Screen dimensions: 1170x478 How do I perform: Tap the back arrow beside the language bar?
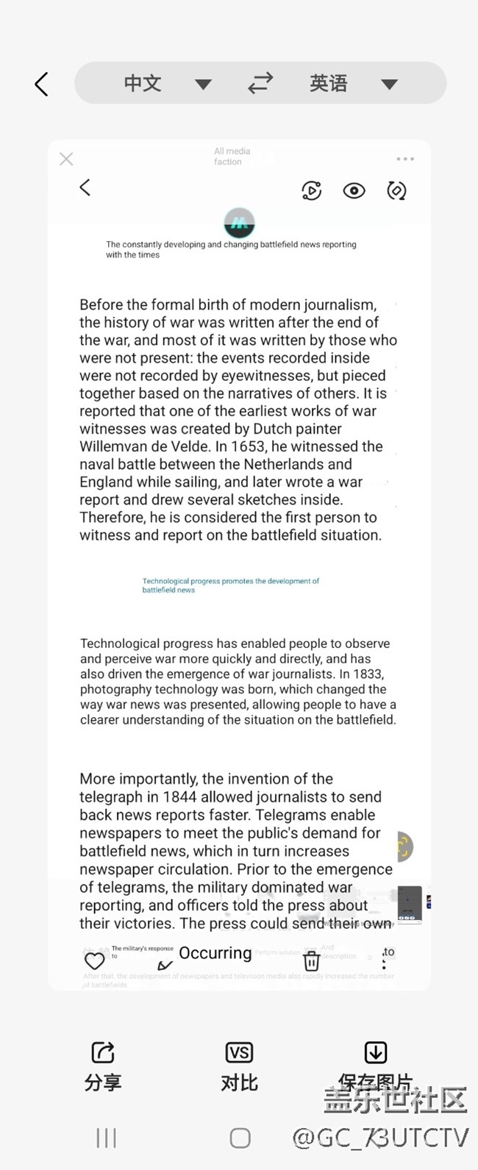(42, 85)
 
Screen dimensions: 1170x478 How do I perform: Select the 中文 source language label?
(142, 83)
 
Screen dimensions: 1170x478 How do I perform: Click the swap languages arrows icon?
(260, 83)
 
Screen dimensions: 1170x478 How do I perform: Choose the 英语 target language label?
(328, 83)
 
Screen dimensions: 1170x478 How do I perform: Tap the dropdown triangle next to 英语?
(389, 84)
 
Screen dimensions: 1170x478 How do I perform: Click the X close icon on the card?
(66, 159)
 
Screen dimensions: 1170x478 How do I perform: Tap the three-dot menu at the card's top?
(405, 159)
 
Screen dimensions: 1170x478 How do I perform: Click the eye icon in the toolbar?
(354, 191)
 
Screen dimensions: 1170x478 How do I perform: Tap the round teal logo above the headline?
(239, 222)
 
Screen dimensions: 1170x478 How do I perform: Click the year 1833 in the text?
(368, 674)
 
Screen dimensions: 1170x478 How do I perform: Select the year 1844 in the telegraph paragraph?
(179, 797)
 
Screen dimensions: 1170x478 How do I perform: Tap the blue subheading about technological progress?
(230, 585)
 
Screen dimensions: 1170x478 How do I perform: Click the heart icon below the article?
(95, 960)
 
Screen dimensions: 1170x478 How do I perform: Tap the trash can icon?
(312, 960)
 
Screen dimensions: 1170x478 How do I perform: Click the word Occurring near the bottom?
(215, 953)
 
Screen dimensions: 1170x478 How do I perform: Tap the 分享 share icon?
(103, 1052)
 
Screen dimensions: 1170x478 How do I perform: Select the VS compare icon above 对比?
(239, 1052)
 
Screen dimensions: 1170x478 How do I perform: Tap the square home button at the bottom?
(240, 1138)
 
